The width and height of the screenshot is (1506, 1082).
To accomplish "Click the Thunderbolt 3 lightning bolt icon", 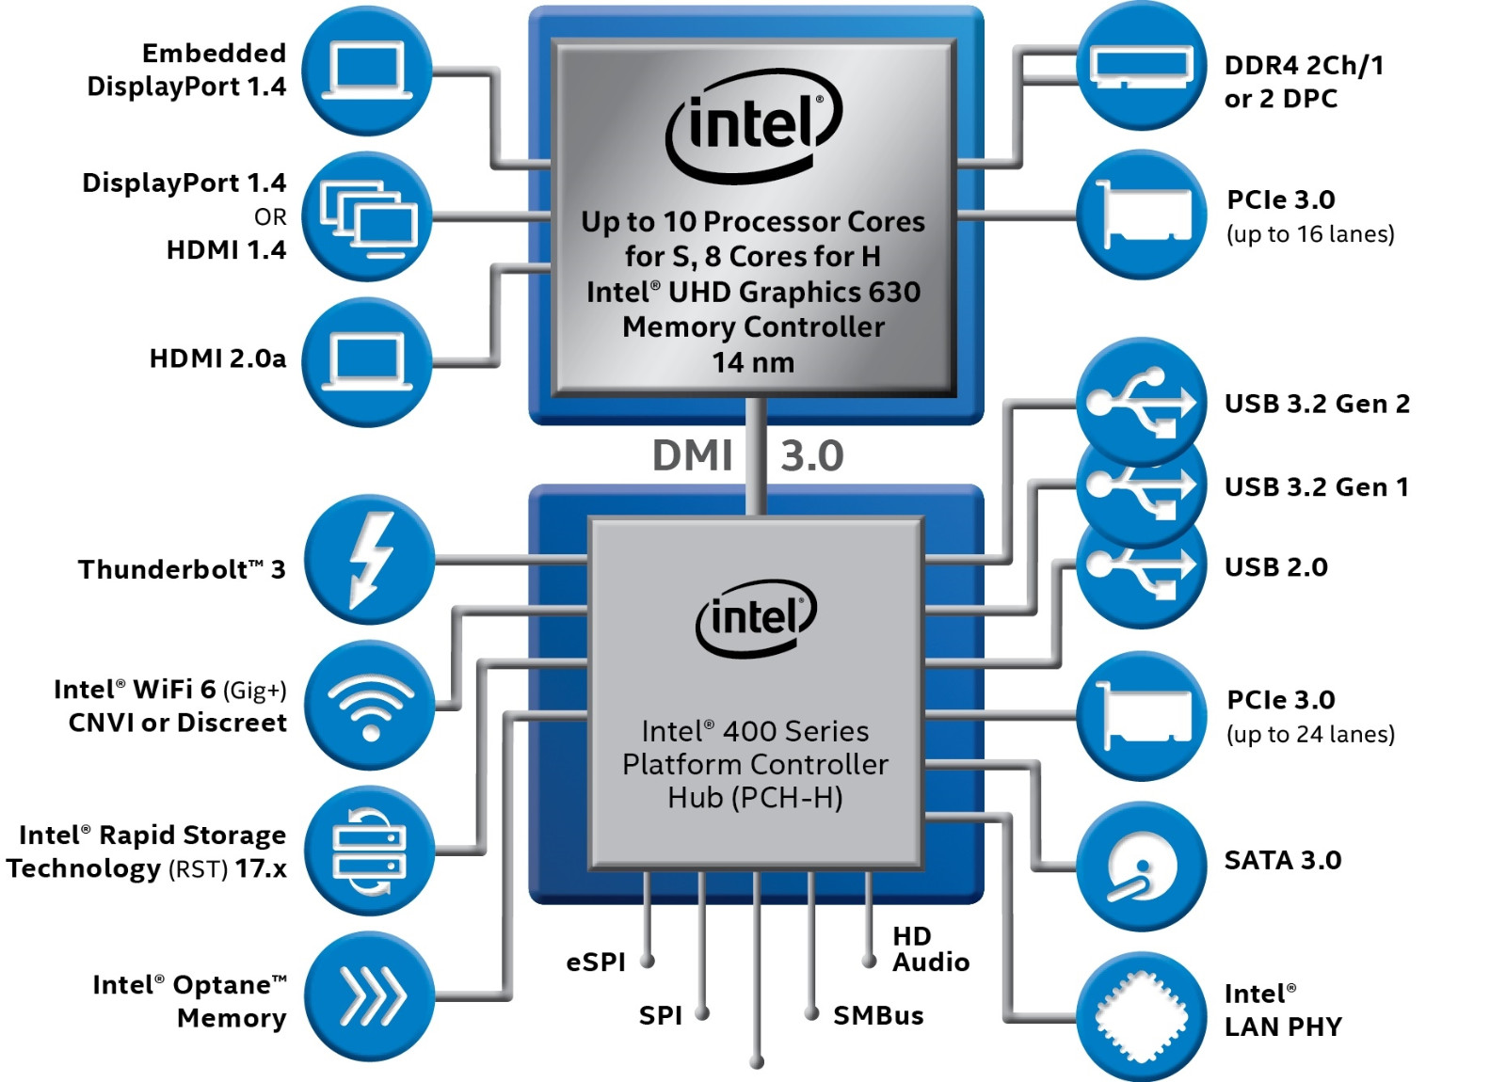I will tap(369, 560).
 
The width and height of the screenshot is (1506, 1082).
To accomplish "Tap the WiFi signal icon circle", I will tap(370, 706).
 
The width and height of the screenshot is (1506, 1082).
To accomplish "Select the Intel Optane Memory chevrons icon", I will tap(370, 995).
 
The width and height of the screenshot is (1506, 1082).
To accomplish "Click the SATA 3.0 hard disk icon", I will tap(1141, 867).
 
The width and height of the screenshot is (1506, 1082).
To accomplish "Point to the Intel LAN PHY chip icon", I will tap(1141, 1017).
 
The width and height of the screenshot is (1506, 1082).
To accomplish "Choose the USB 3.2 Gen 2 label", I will tap(1316, 404).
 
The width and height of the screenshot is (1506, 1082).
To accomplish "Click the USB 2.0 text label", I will tap(1275, 567).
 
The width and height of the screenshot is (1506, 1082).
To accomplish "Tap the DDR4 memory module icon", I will tap(1141, 66).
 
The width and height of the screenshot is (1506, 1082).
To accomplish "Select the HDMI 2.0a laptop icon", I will tap(367, 361).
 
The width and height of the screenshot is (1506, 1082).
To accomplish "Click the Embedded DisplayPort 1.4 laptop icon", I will tap(367, 71).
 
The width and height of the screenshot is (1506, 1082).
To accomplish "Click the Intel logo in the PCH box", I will tap(756, 617).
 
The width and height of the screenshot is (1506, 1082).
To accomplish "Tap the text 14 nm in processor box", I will tap(753, 362).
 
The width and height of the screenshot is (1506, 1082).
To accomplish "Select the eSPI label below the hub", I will tap(595, 962).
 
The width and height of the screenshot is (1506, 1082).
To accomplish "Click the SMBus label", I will tap(877, 1015).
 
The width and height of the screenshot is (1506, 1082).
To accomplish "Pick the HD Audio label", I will tap(930, 948).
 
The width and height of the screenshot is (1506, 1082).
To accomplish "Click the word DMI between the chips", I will tap(693, 456).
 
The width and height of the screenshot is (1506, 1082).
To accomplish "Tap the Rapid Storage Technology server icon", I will tap(369, 851).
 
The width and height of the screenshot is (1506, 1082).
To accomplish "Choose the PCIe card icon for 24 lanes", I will tap(1141, 715).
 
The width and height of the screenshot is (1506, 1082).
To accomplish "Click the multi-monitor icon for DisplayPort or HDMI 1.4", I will tap(368, 216).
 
